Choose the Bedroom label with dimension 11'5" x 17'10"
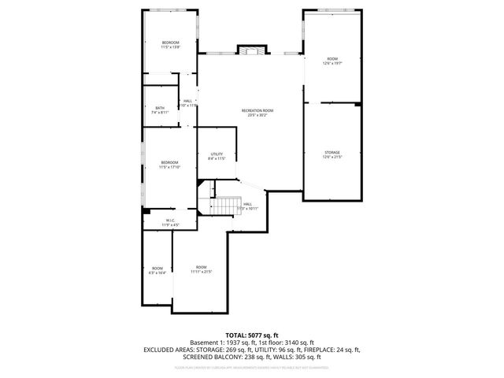pyautogui.click(x=170, y=165)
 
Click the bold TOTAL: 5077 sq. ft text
pyautogui.click(x=252, y=335)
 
